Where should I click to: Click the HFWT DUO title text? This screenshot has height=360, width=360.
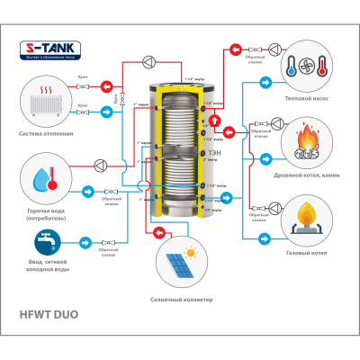coord(54,316)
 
